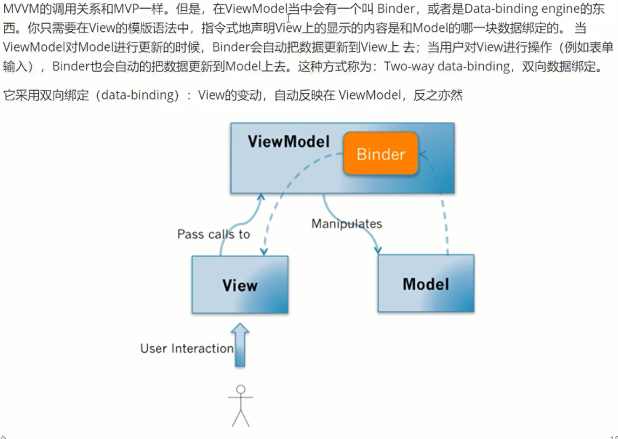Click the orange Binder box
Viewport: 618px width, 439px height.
click(381, 154)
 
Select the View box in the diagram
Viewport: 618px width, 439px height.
click(240, 285)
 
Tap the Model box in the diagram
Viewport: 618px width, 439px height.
click(425, 284)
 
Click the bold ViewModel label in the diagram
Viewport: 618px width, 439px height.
click(289, 142)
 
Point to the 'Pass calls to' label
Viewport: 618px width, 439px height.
click(214, 234)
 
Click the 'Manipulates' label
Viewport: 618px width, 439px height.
click(346, 223)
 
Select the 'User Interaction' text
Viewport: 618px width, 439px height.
click(187, 348)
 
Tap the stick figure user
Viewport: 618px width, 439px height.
click(241, 406)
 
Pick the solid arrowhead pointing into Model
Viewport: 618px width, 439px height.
click(377, 249)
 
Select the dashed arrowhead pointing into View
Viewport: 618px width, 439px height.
click(264, 250)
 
